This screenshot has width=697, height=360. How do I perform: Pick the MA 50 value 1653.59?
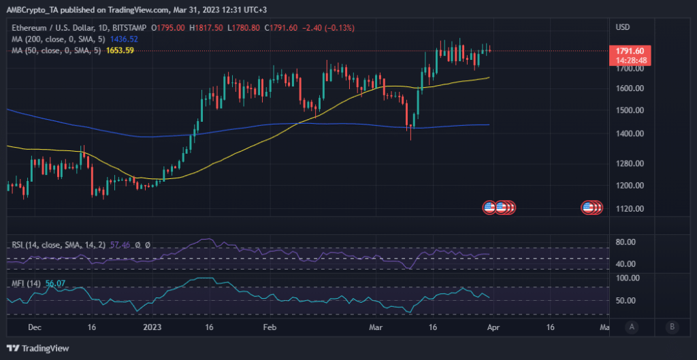[x=120, y=50]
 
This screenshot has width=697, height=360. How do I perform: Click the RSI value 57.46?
[x=119, y=244]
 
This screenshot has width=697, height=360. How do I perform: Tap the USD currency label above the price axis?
[x=623, y=27]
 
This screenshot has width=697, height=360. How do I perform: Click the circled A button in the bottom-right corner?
[x=632, y=327]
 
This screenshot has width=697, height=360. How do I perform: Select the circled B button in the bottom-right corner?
[x=671, y=327]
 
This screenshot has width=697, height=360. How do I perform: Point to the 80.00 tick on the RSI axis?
[x=626, y=242]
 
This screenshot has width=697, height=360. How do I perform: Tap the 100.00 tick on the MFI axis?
[x=626, y=278]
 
